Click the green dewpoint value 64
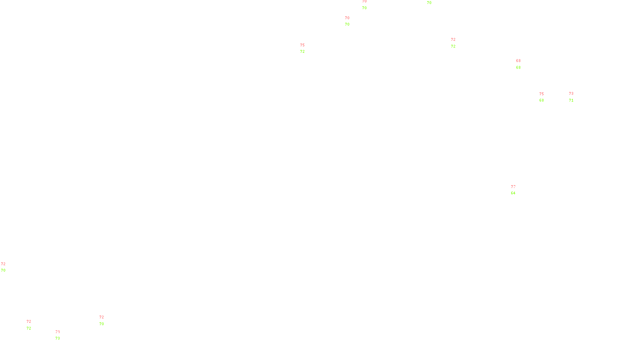tap(513, 193)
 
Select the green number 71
tap(571, 100)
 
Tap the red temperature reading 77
tap(512, 187)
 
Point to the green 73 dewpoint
tap(58, 338)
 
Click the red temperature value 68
tap(518, 61)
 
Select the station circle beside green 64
tap(517, 190)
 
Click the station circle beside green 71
tap(575, 97)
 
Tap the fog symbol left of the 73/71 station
tap(571, 97)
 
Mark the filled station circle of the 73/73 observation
tap(62, 335)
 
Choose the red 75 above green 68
tap(542, 94)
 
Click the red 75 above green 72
tap(302, 45)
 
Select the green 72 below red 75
tap(302, 52)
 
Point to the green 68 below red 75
tap(542, 100)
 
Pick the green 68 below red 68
tap(518, 68)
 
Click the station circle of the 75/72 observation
tap(307, 48)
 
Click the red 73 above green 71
tap(571, 94)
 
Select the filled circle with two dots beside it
tap(33, 325)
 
